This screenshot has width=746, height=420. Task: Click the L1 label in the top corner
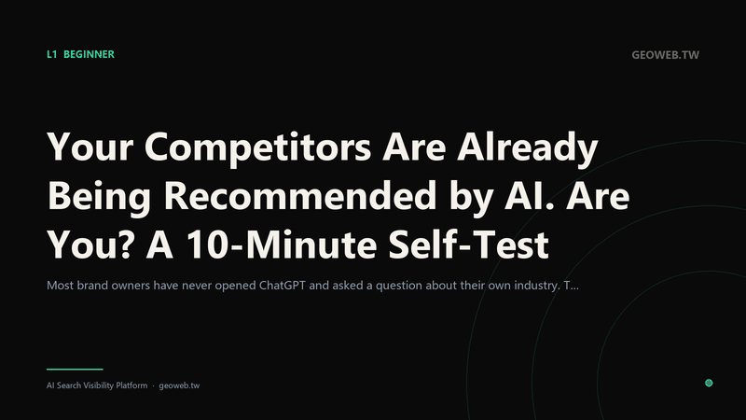pos(52,54)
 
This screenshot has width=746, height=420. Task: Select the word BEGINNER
pos(89,54)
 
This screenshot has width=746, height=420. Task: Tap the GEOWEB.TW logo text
pos(665,55)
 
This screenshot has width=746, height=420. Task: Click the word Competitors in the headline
pos(257,147)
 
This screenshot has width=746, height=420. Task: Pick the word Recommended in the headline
pos(300,195)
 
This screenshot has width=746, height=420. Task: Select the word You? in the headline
pos(90,245)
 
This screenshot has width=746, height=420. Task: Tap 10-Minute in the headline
pos(282,245)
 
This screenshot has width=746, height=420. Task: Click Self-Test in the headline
pos(469,245)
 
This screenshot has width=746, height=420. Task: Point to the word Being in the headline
pos(100,196)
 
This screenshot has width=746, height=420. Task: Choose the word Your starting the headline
pos(90,147)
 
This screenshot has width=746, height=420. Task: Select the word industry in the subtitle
pos(535,286)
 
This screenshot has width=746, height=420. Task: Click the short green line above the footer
pos(75,369)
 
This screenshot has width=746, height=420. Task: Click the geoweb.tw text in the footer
pos(179,385)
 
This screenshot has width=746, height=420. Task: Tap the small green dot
pos(709,383)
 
